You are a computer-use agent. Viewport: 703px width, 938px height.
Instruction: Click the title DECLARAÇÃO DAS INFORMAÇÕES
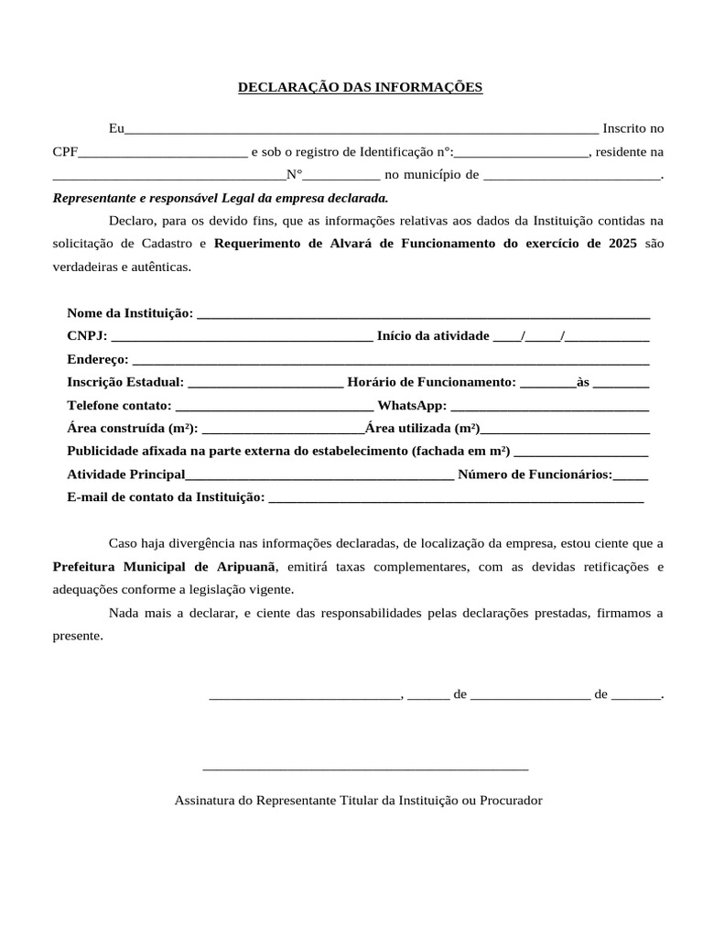pyautogui.click(x=360, y=87)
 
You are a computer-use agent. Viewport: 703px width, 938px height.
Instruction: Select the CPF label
pyautogui.click(x=65, y=151)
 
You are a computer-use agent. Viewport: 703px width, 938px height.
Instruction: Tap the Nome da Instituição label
pyautogui.click(x=130, y=313)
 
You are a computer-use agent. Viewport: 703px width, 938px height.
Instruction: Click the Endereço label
pyautogui.click(x=97, y=359)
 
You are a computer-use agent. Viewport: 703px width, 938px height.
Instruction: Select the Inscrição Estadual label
pyautogui.click(x=125, y=382)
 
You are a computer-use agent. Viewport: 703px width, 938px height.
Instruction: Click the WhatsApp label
pyautogui.click(x=412, y=405)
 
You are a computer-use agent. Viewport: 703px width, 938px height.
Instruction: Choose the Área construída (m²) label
pyautogui.click(x=133, y=428)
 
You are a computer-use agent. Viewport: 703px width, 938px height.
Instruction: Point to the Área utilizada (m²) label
pyautogui.click(x=422, y=428)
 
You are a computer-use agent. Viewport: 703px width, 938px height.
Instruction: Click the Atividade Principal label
pyautogui.click(x=126, y=474)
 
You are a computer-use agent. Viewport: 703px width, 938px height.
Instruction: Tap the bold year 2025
pyautogui.click(x=622, y=243)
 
